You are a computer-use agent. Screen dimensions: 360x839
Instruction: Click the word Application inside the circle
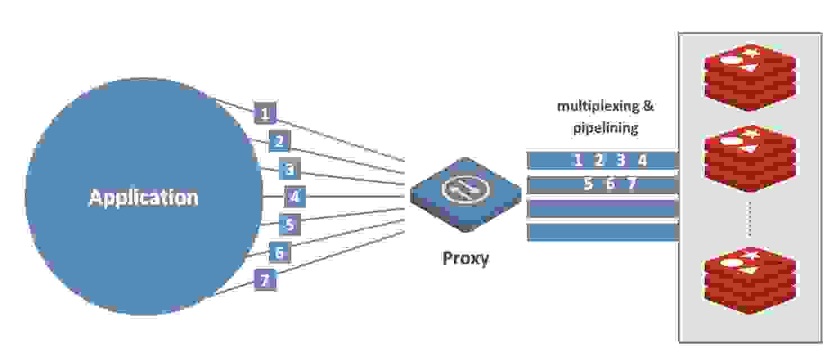coord(143,198)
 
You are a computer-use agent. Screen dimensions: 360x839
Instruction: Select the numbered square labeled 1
coord(265,113)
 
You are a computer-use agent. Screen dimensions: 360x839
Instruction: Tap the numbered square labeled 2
coord(279,141)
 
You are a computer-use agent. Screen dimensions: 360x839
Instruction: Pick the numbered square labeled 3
coord(290,168)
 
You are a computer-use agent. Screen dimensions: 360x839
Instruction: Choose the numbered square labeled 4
coord(294,197)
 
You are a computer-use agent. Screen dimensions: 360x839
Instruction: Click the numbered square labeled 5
coord(290,225)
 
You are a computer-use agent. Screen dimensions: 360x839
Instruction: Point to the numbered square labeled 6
coord(279,253)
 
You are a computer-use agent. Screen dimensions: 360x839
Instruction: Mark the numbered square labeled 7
coord(265,279)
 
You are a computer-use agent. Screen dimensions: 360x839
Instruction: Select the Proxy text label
coord(466,258)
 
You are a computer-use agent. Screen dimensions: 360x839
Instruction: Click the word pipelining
coord(605,128)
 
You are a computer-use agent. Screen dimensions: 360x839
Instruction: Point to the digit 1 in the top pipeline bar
coord(577,161)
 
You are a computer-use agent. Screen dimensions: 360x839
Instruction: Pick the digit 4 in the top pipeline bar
coord(642,161)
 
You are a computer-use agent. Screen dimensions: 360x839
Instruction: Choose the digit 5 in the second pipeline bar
coord(588,184)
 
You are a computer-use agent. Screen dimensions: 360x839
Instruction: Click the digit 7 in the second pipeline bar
coord(632,184)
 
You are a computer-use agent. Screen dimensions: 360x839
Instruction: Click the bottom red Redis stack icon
coord(750,280)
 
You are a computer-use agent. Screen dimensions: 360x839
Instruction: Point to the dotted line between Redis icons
coord(749,221)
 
